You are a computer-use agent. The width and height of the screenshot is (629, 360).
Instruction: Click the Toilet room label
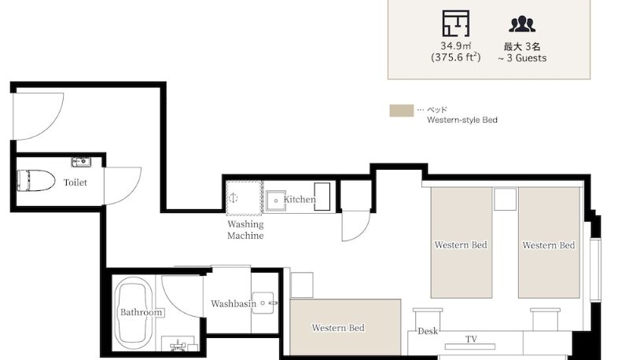[x=75, y=182]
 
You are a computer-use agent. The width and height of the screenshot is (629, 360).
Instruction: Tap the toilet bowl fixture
[x=35, y=181]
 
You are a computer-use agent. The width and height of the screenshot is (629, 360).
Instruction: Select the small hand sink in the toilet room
[x=81, y=162]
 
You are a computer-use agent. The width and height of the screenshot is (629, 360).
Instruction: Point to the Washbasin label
[x=234, y=303]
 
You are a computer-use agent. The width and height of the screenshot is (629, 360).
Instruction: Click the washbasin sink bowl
[x=264, y=303]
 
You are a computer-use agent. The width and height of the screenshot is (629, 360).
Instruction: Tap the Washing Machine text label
[x=245, y=230]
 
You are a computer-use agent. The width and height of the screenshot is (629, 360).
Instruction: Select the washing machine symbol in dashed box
[x=245, y=197]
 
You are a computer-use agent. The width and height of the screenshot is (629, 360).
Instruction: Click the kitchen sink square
[x=276, y=200]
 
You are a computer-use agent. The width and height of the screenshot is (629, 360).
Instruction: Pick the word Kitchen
[x=300, y=199]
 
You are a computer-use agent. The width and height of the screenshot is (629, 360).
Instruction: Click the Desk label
[x=428, y=331]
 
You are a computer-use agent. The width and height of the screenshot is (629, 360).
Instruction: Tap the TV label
[x=471, y=339]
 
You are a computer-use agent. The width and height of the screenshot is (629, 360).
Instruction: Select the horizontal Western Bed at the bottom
[x=345, y=327]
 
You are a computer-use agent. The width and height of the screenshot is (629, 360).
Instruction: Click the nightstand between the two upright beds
[x=505, y=199]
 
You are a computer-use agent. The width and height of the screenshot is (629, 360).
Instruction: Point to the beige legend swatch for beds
[x=402, y=111]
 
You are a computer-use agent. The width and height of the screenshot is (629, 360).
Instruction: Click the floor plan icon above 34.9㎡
[x=456, y=24]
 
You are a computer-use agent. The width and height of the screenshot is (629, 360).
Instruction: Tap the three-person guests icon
[x=522, y=24]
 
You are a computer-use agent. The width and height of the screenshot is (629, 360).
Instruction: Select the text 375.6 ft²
[x=456, y=57]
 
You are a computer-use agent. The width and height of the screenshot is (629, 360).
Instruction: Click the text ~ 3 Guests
[x=522, y=58]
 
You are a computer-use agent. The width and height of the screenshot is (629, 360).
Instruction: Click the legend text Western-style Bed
[x=462, y=119]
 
